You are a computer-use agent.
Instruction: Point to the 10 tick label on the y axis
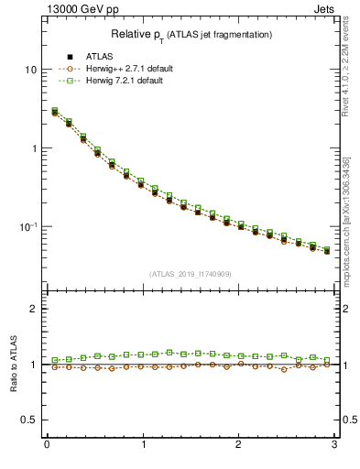pyautogui.click(x=31, y=70)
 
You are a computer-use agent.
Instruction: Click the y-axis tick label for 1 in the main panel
pyautogui.click(x=34, y=148)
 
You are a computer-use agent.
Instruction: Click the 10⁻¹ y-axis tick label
pyautogui.click(x=28, y=226)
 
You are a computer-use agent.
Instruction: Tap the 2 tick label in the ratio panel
pyautogui.click(x=34, y=309)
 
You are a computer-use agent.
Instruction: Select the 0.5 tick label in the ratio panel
pyautogui.click(x=30, y=420)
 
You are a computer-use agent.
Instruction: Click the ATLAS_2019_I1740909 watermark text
pyautogui.click(x=190, y=274)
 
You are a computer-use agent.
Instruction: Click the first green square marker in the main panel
pyautogui.click(x=55, y=111)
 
